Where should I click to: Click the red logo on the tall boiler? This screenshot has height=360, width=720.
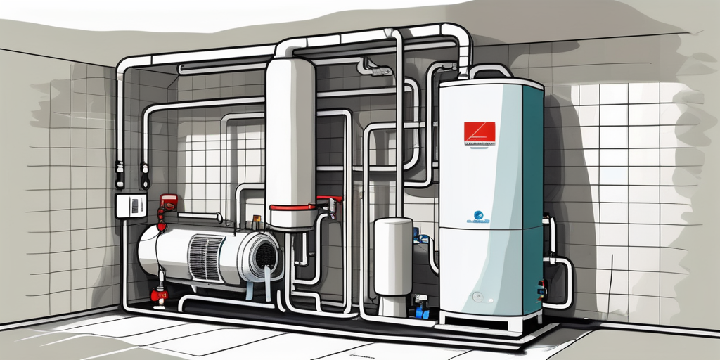[479, 132]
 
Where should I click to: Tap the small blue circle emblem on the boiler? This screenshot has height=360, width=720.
[477, 214]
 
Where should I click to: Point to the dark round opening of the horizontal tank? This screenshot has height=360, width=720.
[264, 254]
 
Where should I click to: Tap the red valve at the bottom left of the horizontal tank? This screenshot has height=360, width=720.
[160, 294]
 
